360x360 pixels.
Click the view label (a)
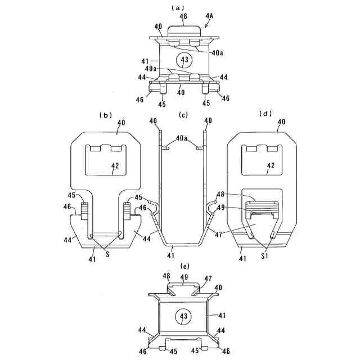pyautogui.click(x=179, y=7)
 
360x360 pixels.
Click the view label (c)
pyautogui.click(x=182, y=115)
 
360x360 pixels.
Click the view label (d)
pyautogui.click(x=265, y=114)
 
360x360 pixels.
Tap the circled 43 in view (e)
pyautogui.click(x=183, y=317)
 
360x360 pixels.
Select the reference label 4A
pyautogui.click(x=209, y=16)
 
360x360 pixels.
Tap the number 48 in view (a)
pyautogui.click(x=183, y=16)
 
